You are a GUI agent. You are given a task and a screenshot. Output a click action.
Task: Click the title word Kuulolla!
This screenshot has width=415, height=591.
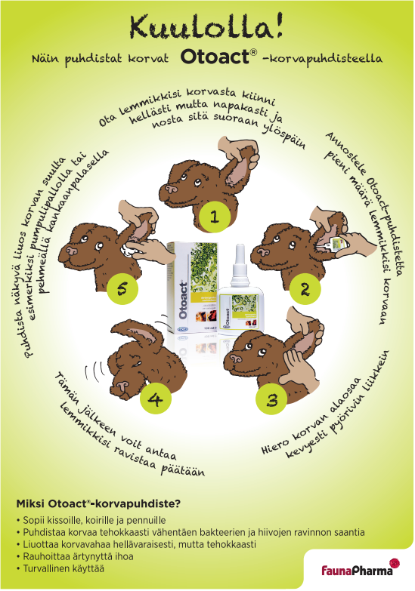point(206,26)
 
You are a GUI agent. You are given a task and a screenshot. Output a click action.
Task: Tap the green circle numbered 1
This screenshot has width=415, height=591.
point(214,217)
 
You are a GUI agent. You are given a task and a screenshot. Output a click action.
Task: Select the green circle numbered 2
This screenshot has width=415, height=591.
point(305,289)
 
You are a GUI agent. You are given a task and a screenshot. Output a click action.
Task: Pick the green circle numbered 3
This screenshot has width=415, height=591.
point(272,399)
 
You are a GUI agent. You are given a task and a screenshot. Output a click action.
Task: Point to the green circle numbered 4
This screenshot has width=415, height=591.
point(155,399)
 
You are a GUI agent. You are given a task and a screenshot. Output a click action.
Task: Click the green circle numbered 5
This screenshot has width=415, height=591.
point(122,289)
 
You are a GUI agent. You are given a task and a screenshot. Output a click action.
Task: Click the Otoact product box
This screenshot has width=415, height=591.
point(193,288)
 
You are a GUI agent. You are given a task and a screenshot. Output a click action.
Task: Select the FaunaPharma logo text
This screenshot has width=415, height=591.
point(357,571)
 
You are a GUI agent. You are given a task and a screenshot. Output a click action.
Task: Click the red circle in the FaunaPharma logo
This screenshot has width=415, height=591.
point(395,564)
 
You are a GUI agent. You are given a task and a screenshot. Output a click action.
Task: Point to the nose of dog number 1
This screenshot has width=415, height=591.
point(172,189)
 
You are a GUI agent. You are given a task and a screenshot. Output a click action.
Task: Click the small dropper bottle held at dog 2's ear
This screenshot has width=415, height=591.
point(336,243)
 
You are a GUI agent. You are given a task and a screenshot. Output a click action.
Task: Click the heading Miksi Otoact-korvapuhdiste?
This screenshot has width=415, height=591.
point(98,504)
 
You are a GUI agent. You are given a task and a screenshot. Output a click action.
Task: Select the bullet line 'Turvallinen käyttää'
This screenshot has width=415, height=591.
point(60,568)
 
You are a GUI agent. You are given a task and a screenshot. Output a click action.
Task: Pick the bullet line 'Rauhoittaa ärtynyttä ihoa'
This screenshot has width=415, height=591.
point(75,556)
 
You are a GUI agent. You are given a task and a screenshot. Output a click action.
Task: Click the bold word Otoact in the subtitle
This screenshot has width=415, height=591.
point(215,57)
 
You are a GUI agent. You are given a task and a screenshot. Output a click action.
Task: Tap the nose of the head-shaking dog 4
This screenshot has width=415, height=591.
point(122,386)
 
